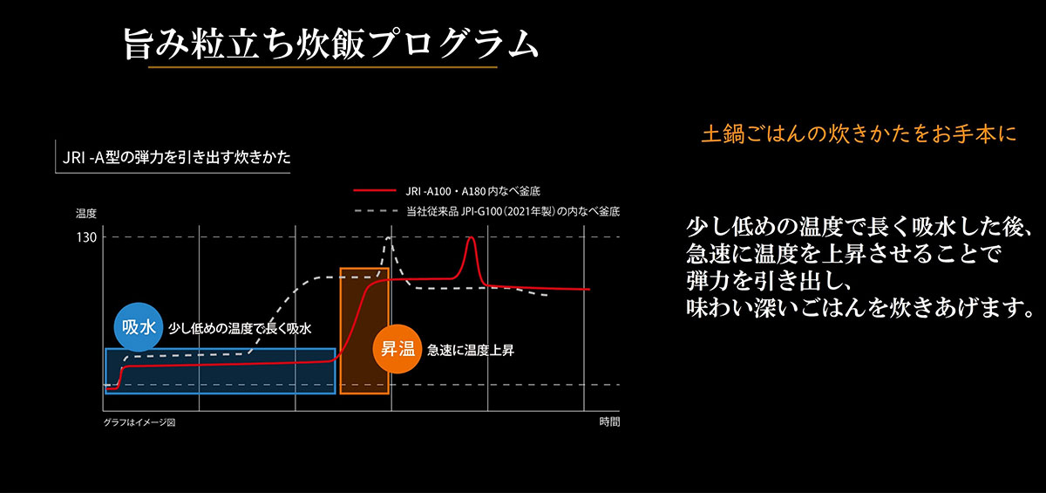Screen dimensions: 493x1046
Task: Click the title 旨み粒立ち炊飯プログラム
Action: tap(330, 43)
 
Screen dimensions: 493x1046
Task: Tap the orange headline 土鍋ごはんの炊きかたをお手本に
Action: tap(859, 136)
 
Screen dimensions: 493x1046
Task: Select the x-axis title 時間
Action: tap(610, 422)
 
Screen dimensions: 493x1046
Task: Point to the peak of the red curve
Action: tap(471, 237)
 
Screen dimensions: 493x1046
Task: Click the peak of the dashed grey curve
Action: tap(390, 237)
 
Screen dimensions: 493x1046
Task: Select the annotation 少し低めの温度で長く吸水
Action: tap(240, 328)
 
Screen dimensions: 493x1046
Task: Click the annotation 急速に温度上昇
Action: tap(471, 351)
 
